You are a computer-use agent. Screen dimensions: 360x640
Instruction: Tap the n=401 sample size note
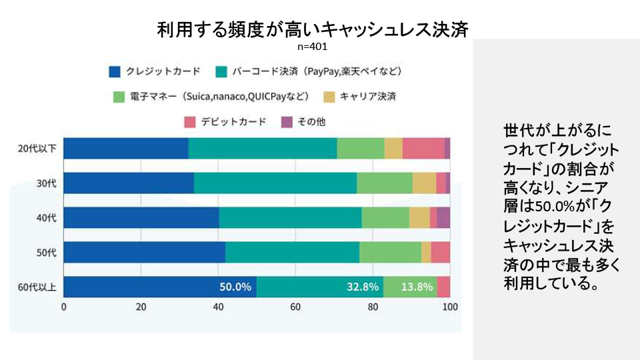(313, 47)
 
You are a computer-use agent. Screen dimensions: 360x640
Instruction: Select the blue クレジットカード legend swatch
(115, 71)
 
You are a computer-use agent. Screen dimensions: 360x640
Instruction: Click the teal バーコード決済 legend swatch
(223, 71)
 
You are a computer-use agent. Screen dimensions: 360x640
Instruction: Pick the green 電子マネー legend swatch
(119, 97)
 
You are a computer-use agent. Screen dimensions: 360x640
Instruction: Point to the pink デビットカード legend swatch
(189, 122)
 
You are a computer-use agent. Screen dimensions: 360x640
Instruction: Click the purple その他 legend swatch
(286, 122)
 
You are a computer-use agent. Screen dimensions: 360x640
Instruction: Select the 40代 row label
(46, 217)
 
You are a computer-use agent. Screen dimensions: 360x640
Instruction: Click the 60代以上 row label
(37, 287)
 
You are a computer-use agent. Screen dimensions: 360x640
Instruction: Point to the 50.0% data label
(235, 287)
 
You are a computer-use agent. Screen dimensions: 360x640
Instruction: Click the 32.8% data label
(363, 287)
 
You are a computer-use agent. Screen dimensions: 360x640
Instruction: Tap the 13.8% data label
(417, 287)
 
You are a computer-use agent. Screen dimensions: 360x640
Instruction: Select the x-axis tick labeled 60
(295, 307)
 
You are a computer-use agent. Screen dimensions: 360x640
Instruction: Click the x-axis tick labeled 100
(450, 307)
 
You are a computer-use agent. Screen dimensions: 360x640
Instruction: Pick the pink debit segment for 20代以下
(423, 148)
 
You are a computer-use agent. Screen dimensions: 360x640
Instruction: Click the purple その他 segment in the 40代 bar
(443, 217)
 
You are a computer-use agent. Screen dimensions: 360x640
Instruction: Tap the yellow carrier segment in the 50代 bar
(426, 252)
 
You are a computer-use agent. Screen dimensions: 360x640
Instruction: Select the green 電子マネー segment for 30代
(384, 183)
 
